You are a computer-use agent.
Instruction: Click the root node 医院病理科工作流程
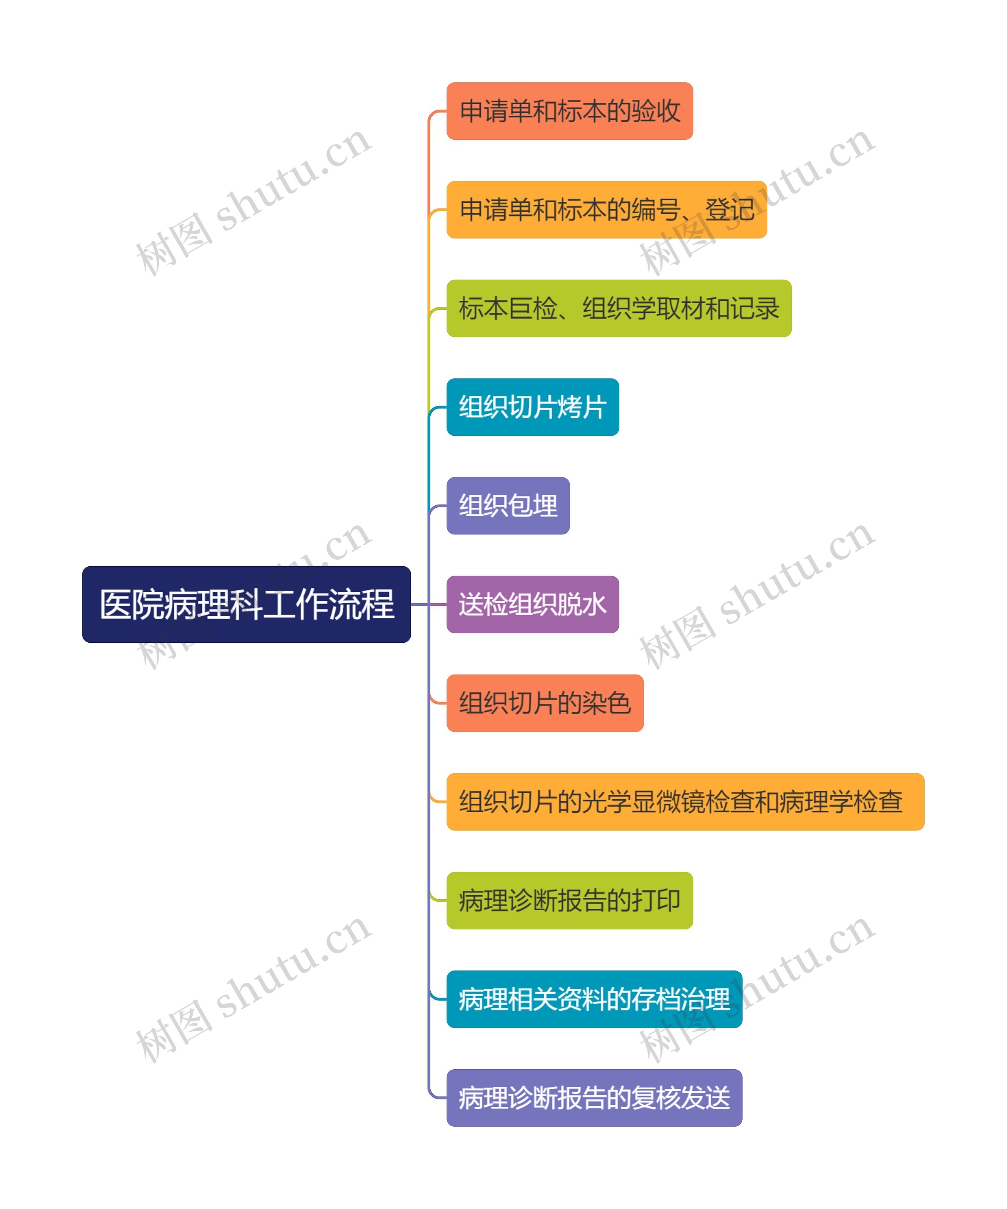(246, 604)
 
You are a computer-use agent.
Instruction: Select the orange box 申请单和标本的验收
(569, 111)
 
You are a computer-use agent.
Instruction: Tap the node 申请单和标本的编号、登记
(607, 209)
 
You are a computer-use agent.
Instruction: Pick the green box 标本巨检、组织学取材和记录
(619, 308)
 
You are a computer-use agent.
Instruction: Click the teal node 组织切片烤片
(532, 407)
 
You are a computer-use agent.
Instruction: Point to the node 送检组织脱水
(532, 604)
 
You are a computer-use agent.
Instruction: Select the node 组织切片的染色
(544, 703)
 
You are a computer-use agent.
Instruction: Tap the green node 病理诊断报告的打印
(569, 900)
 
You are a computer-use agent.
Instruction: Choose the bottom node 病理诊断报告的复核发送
(594, 1098)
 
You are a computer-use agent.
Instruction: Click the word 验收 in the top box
(656, 111)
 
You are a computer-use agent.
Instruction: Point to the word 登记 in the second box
(730, 209)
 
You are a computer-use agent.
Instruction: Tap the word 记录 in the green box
(754, 308)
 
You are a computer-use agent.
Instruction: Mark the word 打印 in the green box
(656, 900)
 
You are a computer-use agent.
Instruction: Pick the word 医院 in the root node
(132, 604)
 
